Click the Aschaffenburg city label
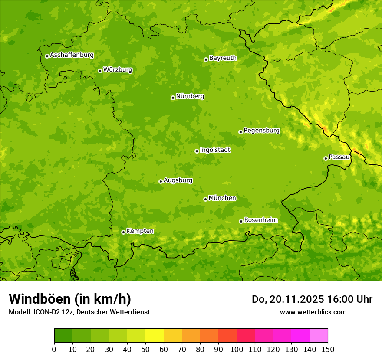point(72,55)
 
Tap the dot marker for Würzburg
point(100,71)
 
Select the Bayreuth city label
point(223,58)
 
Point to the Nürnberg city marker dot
point(173,98)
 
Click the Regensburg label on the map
point(261,131)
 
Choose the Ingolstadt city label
point(215,150)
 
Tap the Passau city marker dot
point(326,158)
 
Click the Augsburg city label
point(178,180)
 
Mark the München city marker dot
point(205,199)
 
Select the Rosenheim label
point(260,220)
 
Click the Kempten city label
point(140,231)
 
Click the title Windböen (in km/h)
point(70,299)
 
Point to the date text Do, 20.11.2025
point(287,299)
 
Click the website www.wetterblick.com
point(313,312)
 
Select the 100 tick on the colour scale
point(237,349)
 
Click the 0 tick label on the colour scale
point(54,349)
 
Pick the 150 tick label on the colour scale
point(328,349)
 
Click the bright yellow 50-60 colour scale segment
point(155,336)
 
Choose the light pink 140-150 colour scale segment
point(319,336)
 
